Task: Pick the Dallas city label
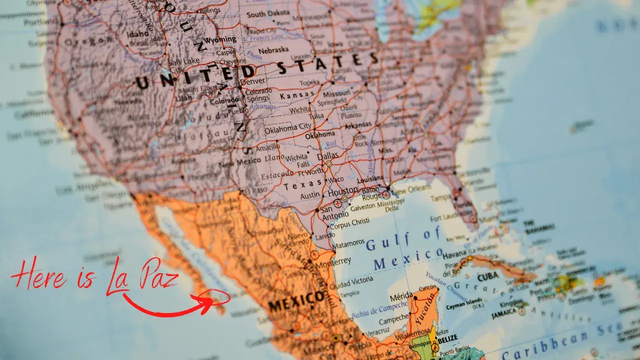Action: coord(327,156)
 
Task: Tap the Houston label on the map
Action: coord(342,191)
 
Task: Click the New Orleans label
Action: coord(411,189)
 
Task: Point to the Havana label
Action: coord(454,255)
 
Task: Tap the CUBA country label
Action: coord(487,277)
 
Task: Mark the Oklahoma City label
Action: coord(287,127)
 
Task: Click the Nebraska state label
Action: coord(273,49)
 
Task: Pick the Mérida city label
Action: coord(401,296)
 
